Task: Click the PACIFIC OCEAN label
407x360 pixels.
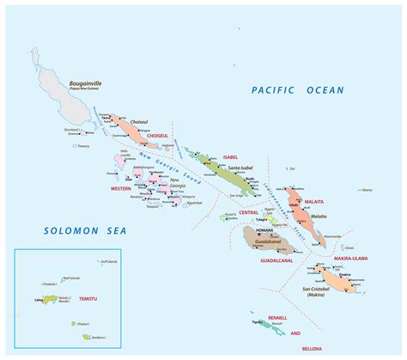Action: (x=297, y=89)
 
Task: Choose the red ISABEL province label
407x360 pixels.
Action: (x=228, y=158)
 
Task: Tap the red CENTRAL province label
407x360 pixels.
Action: (x=249, y=211)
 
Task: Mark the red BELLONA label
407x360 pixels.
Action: (x=313, y=350)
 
